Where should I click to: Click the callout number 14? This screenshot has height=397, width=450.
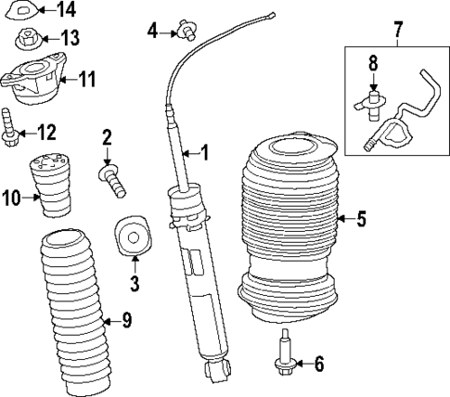[x=66, y=10]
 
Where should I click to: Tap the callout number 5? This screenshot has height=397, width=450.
[x=361, y=220]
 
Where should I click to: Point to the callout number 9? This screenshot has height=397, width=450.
[x=126, y=321]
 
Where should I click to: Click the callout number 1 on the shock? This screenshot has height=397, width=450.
[x=205, y=151]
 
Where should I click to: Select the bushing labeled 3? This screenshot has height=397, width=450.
[x=131, y=237]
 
